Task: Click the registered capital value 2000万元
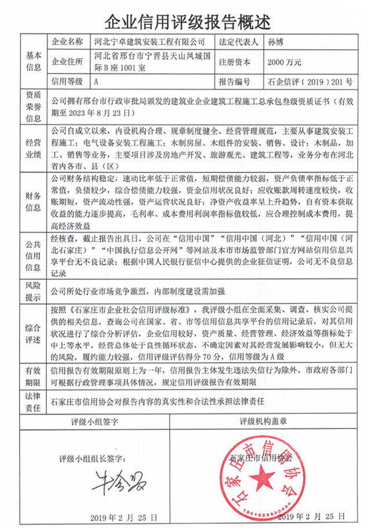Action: coord(284,61)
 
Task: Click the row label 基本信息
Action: coord(33,61)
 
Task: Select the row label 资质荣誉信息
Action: coord(33,106)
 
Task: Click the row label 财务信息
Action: coord(33,198)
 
